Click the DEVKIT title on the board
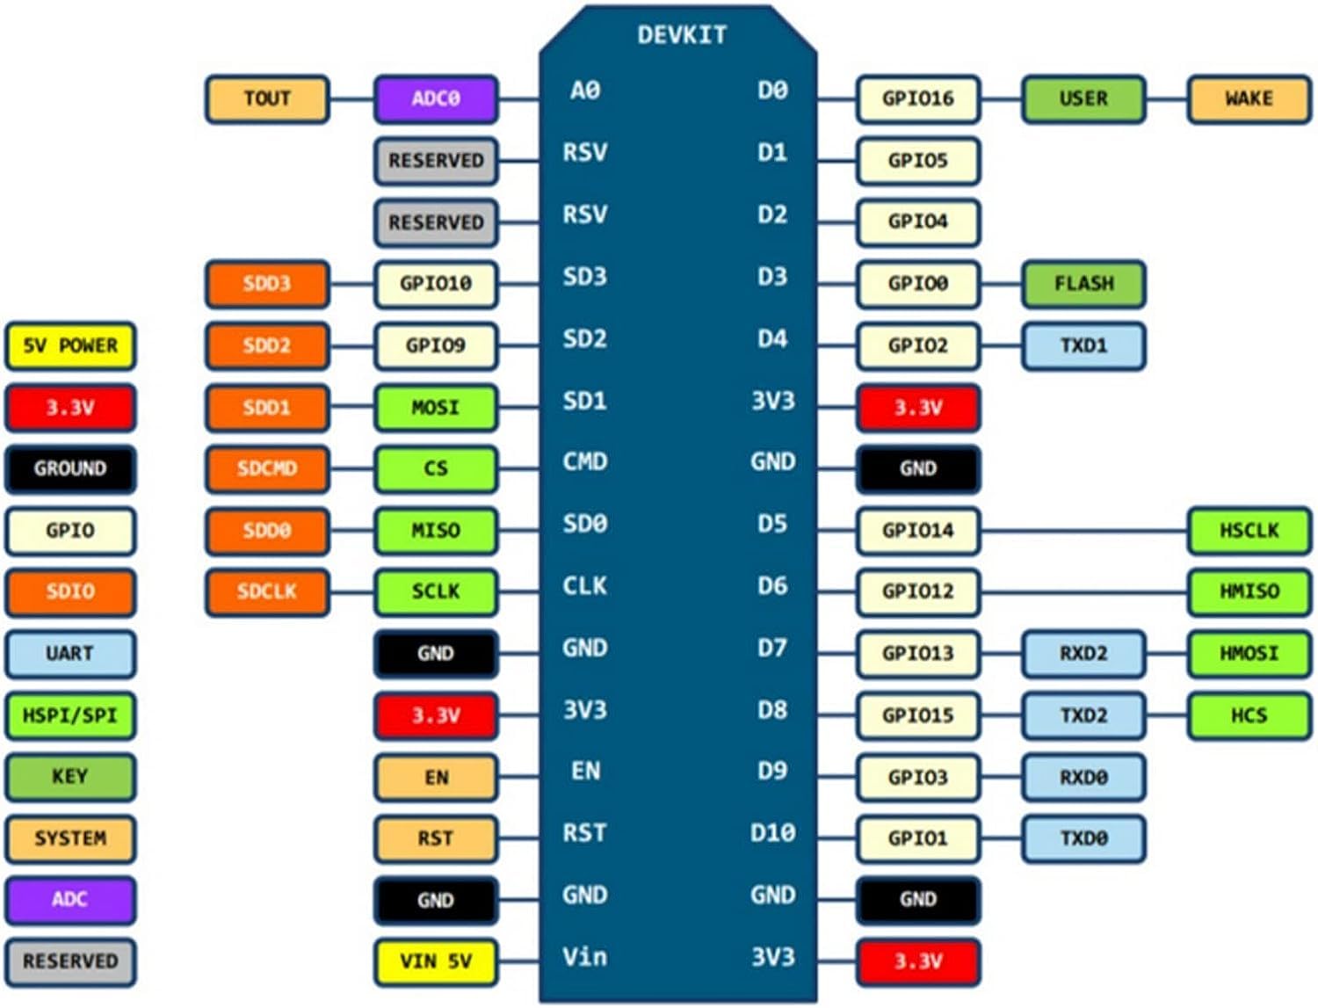[682, 35]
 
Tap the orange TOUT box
[267, 98]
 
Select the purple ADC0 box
[436, 98]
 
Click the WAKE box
[1249, 98]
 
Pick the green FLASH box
[1083, 284]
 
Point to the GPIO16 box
[917, 98]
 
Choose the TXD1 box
[1083, 345]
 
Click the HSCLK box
[1249, 530]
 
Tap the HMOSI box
[1249, 653]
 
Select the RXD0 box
[1083, 777]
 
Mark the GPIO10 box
[436, 284]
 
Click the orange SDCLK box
[267, 591]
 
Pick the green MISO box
[436, 530]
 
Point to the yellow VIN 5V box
[436, 961]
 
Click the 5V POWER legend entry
[70, 345]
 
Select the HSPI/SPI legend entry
[70, 715]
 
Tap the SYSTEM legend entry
[70, 838]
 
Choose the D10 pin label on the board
[772, 832]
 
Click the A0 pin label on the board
[585, 91]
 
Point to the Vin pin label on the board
[585, 956]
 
